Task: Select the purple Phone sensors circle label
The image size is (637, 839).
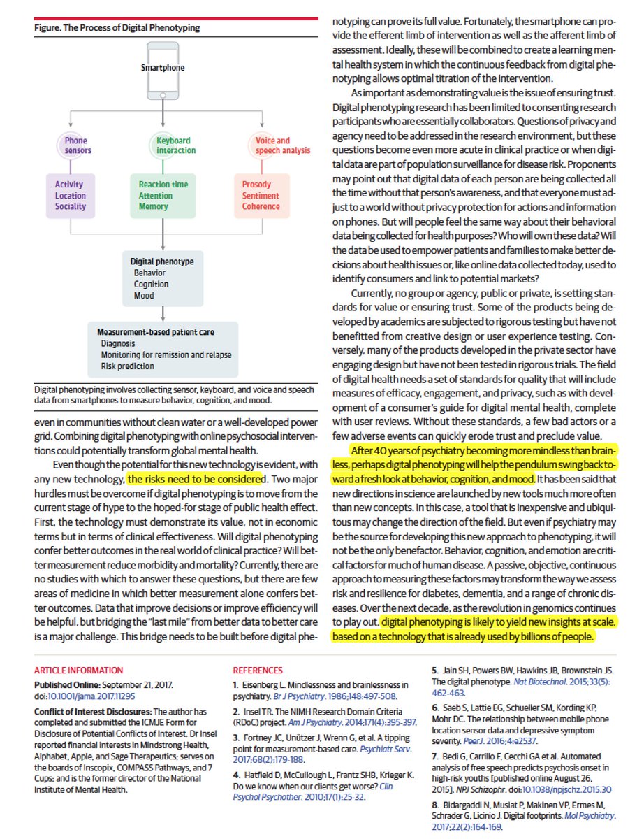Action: pyautogui.click(x=75, y=145)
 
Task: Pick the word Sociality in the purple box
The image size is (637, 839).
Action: pyautogui.click(x=71, y=206)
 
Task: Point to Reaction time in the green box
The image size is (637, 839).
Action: pyautogui.click(x=163, y=185)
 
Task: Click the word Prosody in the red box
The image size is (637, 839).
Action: pyautogui.click(x=256, y=185)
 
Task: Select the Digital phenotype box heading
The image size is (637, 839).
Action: pyautogui.click(x=162, y=261)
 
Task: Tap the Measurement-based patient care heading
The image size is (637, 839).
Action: pyautogui.click(x=156, y=331)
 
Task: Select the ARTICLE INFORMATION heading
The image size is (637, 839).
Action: pyautogui.click(x=78, y=670)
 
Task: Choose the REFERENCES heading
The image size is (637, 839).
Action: pyautogui.click(x=258, y=670)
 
